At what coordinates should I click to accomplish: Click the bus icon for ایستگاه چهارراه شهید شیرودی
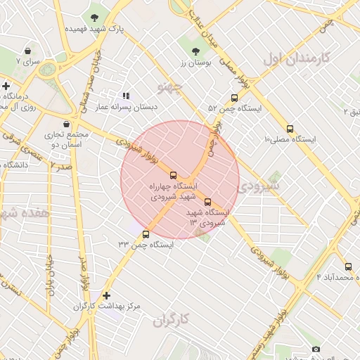point(174,175)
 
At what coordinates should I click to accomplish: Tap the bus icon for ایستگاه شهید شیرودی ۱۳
point(207,202)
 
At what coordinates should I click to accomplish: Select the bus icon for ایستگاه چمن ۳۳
point(146,234)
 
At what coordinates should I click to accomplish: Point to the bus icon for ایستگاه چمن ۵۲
point(234,98)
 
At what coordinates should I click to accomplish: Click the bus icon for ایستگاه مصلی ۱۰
point(290,129)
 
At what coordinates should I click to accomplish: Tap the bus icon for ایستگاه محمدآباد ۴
point(348,266)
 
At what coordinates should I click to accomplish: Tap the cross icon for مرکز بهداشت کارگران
point(106,296)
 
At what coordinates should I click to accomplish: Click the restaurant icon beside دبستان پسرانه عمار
point(126,95)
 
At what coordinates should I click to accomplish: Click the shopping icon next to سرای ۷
point(27,51)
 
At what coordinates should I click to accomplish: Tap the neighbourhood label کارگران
point(172,320)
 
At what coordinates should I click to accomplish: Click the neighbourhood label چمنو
point(171,88)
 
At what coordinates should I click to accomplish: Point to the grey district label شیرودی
point(258,186)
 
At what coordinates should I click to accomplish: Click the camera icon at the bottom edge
point(316,349)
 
